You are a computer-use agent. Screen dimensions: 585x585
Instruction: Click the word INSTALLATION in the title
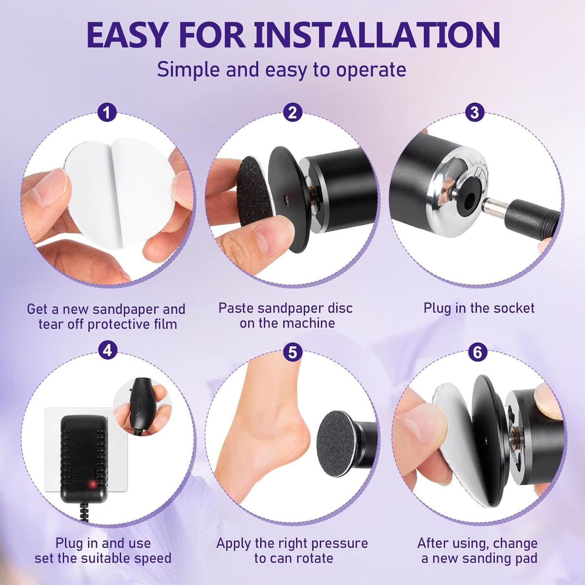click(x=377, y=35)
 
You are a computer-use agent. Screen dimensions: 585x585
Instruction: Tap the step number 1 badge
click(x=107, y=113)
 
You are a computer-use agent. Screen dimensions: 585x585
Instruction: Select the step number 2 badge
click(x=292, y=113)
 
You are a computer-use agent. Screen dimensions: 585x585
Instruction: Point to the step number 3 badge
click(x=474, y=113)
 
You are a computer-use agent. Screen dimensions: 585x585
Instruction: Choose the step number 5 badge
click(x=292, y=352)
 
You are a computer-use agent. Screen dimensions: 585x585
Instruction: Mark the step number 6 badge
click(x=477, y=352)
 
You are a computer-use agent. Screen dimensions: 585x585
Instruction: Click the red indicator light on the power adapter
click(x=93, y=484)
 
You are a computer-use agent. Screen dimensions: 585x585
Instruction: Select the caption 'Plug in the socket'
click(x=479, y=308)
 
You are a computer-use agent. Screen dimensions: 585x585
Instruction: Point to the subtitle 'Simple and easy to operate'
click(x=281, y=70)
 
